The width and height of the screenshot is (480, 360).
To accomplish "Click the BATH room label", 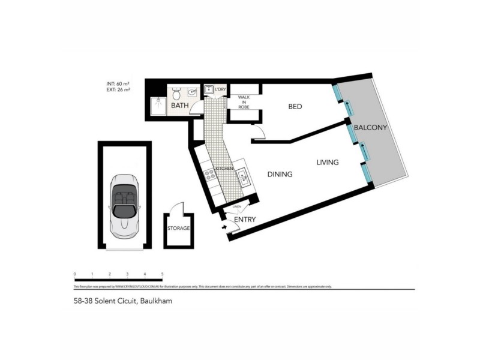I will tap(180, 106).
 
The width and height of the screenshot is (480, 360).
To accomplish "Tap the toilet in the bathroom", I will tap(176, 94).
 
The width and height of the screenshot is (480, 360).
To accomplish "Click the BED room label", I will tap(295, 107).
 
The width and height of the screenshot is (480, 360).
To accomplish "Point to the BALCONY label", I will tap(370, 128).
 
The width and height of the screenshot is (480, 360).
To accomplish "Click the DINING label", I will tap(280, 175).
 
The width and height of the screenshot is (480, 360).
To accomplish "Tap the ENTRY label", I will tap(245, 220).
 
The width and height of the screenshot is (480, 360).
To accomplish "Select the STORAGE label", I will tap(178, 229).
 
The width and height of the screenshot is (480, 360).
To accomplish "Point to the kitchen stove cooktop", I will tap(211, 175).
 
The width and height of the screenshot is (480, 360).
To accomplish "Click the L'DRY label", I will tap(220, 89).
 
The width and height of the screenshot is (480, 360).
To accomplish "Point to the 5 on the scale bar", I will tap(163, 274).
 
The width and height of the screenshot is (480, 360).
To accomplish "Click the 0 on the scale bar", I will tap(75, 274).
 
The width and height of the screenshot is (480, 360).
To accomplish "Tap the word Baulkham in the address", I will tap(156, 301).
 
